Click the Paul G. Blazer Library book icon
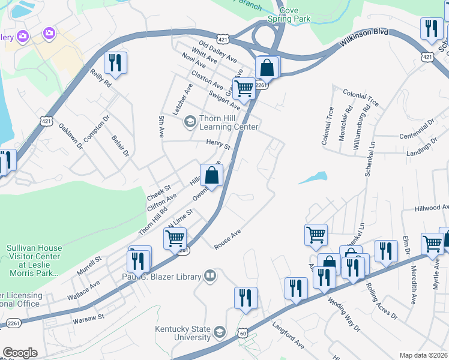pos(210,276)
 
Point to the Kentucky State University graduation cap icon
pos(220,332)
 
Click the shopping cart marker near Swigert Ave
pos(244,89)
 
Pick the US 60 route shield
pos(242,332)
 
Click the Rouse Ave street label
pos(228,239)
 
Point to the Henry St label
pos(218,145)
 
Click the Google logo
pos(20,353)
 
